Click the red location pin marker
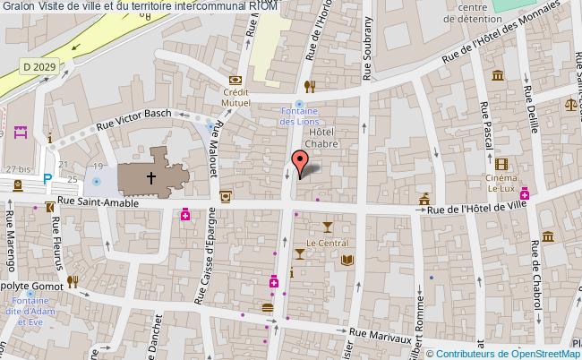(x=300, y=161)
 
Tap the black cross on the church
(x=150, y=178)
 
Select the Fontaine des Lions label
(x=298, y=116)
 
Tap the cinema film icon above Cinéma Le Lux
(x=500, y=163)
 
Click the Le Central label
(x=327, y=243)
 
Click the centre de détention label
(x=481, y=14)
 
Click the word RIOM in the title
(x=264, y=6)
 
